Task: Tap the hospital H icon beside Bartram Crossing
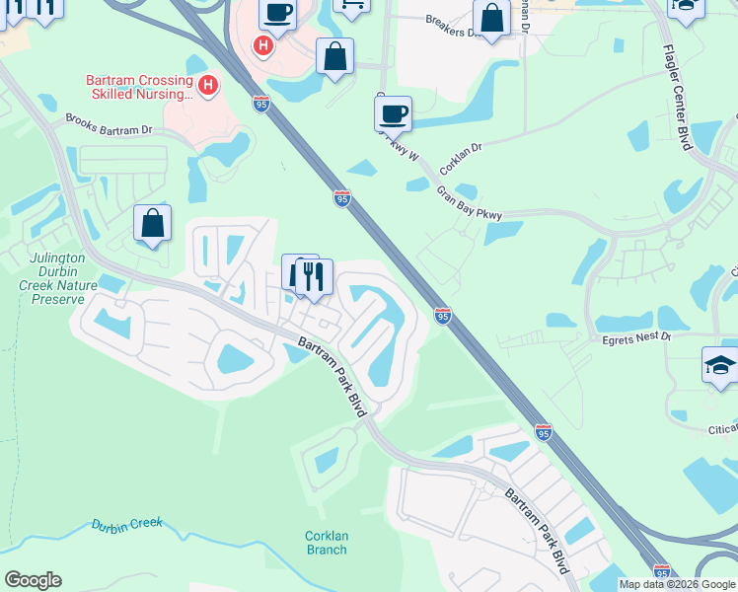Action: pyautogui.click(x=208, y=87)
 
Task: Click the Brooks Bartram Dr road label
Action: pyautogui.click(x=109, y=124)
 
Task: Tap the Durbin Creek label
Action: pyautogui.click(x=126, y=525)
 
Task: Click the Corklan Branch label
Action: pyautogui.click(x=326, y=544)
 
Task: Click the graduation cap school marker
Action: pyautogui.click(x=720, y=364)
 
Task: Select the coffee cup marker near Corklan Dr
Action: pyautogui.click(x=394, y=112)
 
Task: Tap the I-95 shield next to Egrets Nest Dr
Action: pyautogui.click(x=443, y=315)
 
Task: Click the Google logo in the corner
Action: pyautogui.click(x=32, y=580)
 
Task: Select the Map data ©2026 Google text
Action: pyautogui.click(x=677, y=584)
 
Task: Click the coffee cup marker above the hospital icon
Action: pyautogui.click(x=277, y=13)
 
